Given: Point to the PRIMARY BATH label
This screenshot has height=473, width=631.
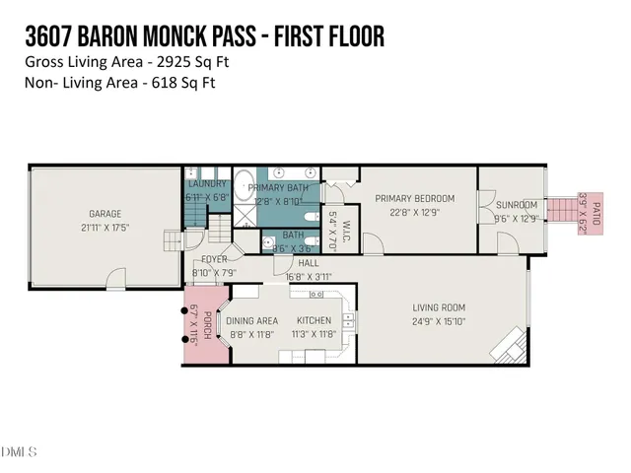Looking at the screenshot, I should coord(279,187).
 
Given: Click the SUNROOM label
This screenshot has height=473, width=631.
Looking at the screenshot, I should coord(517,205).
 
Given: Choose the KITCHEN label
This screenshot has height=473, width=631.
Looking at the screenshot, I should coord(315,321).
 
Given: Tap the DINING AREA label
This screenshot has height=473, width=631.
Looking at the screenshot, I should coord(252,321).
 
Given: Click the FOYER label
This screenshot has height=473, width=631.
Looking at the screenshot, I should coord(214,259).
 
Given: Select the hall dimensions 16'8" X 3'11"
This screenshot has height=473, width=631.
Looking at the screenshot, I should coord(306,277).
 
